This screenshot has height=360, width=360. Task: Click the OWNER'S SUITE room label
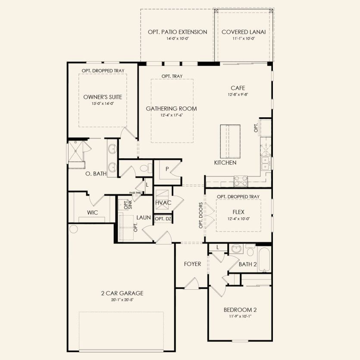[102, 97]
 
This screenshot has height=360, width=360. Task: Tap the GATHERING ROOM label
[171, 109]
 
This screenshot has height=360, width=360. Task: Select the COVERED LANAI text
[244, 32]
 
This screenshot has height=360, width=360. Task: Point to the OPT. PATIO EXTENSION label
[177, 32]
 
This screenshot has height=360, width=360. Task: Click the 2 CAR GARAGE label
[122, 293]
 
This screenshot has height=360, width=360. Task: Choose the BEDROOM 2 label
[240, 310]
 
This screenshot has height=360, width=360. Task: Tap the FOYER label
[192, 264]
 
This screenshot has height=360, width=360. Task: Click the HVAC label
[163, 203]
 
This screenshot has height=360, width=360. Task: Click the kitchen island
[230, 142]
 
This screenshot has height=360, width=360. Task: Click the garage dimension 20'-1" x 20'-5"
[122, 300]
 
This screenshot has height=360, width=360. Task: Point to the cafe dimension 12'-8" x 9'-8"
[238, 94]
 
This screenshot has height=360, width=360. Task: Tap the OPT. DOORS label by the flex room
[200, 215]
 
